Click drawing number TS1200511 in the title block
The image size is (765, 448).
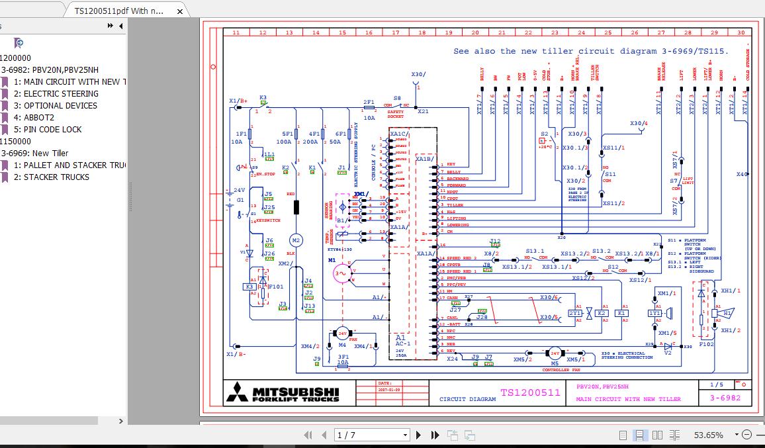[529, 392]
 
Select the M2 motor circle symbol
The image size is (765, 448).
[296, 240]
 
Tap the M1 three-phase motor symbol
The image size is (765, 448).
[340, 272]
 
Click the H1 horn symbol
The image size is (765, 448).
[727, 312]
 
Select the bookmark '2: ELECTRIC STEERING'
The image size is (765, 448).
[60, 93]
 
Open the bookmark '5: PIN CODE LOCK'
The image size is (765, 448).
[52, 129]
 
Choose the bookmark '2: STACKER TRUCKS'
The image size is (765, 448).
[56, 177]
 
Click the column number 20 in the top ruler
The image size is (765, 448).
[474, 32]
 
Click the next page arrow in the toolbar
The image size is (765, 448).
[418, 435]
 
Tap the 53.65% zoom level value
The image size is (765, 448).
[708, 435]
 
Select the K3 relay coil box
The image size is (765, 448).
[249, 287]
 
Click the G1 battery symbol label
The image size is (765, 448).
[240, 199]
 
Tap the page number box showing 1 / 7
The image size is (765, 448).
[371, 435]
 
